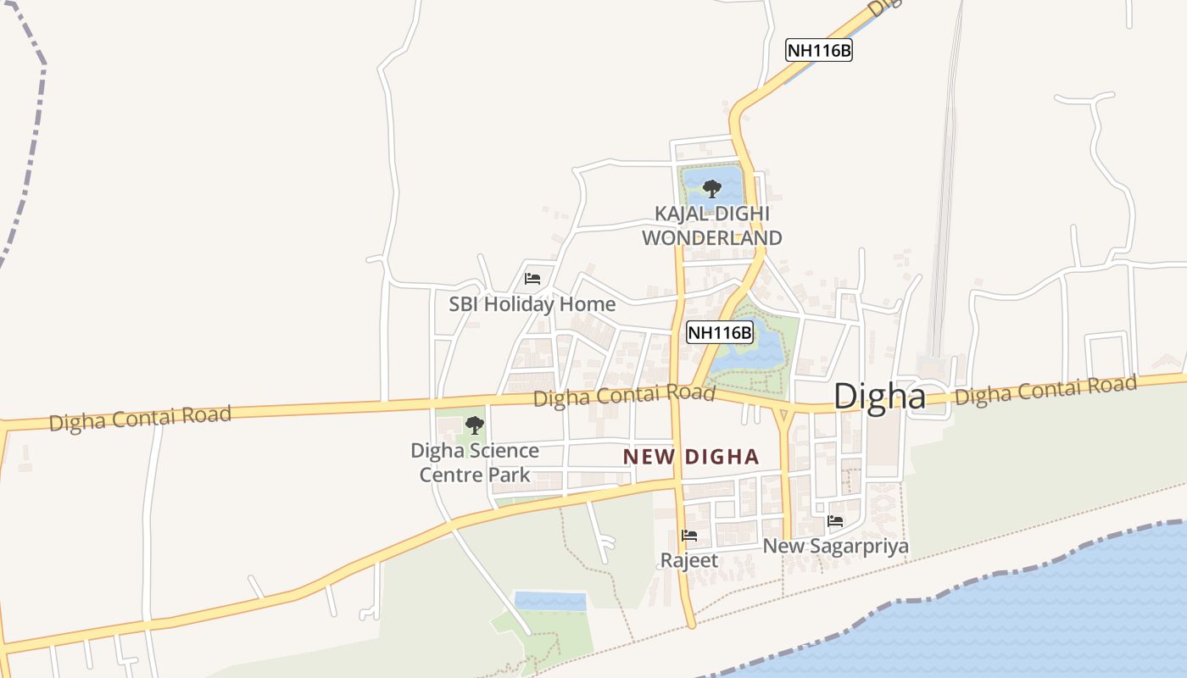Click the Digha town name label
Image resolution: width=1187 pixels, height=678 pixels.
[879, 397]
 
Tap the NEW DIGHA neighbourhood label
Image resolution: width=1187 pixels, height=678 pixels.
[691, 457]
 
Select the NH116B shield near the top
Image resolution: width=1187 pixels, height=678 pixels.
[818, 50]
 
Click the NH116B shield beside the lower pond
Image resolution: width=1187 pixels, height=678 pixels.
[720, 332]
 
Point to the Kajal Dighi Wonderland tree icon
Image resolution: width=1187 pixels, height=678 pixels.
[712, 188]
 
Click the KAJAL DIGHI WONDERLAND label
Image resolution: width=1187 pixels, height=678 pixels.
[711, 226]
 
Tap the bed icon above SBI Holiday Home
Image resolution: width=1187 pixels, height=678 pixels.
[532, 278]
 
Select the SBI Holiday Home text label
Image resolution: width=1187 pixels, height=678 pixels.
[532, 303]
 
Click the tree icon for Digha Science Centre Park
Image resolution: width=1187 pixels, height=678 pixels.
[475, 425]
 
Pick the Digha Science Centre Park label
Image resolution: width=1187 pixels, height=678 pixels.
[475, 463]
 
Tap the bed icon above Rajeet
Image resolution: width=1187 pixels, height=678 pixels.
[689, 536]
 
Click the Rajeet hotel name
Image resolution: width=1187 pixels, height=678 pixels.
[689, 560]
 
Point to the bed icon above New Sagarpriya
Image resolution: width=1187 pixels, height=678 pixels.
[835, 521]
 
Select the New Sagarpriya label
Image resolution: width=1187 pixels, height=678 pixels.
[835, 546]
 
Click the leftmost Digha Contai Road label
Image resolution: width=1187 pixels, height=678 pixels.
[140, 418]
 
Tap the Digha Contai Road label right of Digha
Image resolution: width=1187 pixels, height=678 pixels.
[1045, 390]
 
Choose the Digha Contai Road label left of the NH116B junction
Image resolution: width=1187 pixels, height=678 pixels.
[624, 395]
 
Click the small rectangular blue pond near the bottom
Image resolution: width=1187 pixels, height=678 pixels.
[550, 601]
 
